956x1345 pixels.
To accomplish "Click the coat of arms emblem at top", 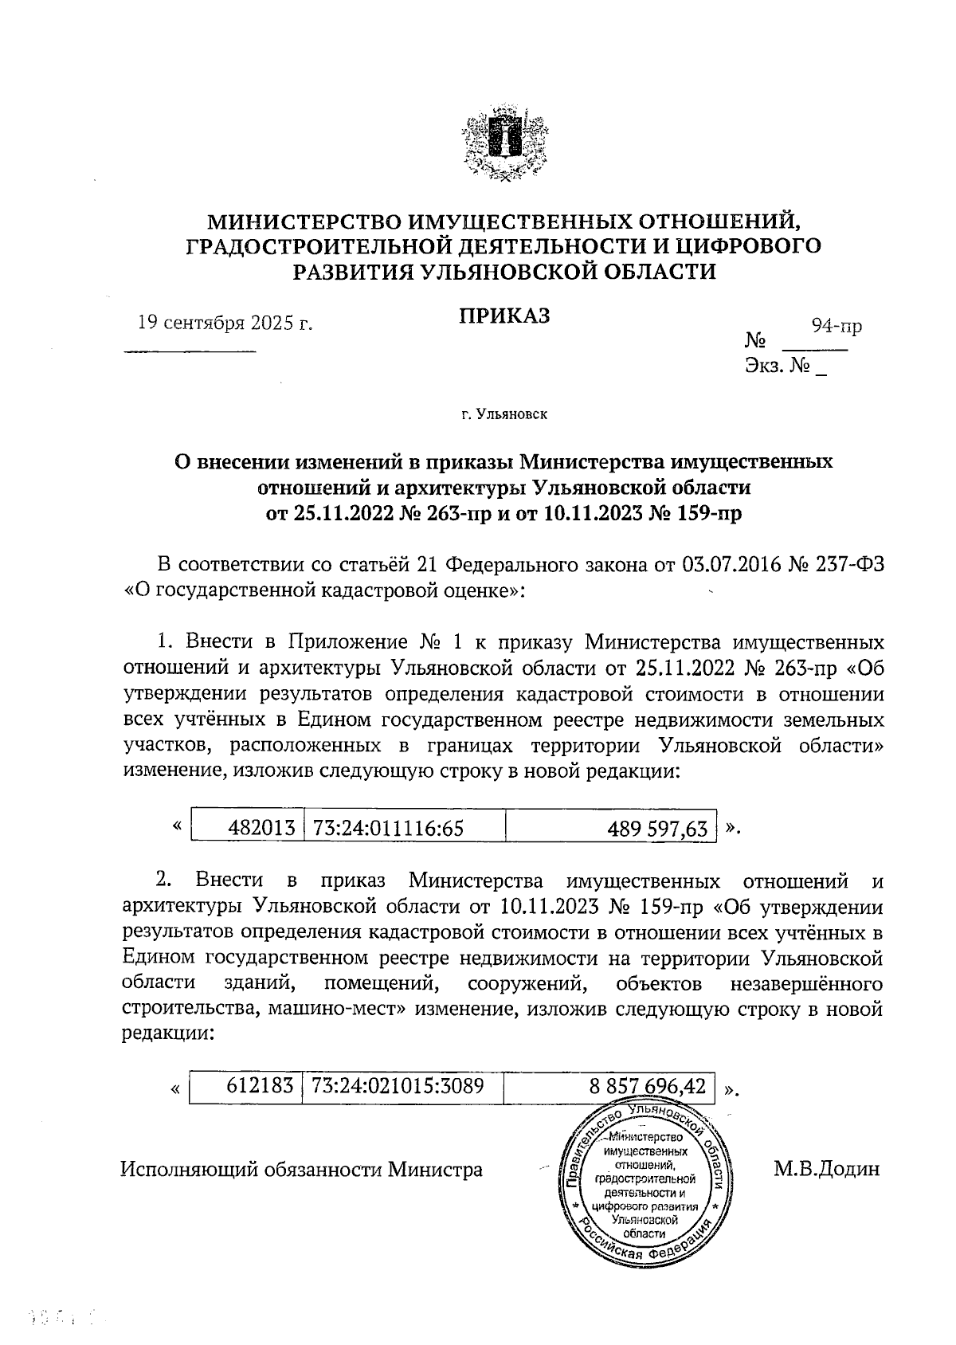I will tap(503, 144).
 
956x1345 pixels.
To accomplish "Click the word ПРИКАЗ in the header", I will tap(503, 316).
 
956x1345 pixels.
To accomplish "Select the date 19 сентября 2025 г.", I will tap(225, 323).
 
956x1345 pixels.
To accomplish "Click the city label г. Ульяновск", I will tap(503, 414).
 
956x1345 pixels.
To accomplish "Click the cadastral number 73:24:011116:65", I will tap(389, 828).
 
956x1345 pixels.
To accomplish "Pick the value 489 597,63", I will tap(657, 829).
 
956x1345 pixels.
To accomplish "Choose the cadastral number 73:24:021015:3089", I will tap(398, 1085).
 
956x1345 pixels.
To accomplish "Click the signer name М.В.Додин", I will tap(826, 1170).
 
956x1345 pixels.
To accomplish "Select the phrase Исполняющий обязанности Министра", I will tap(301, 1170).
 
